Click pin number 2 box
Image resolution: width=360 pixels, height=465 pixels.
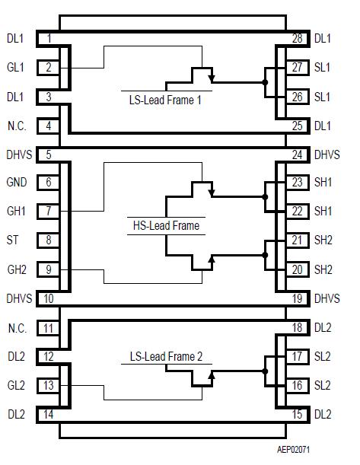point(49,68)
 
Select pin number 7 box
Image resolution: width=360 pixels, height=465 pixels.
point(49,211)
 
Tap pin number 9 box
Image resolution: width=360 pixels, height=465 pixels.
point(49,269)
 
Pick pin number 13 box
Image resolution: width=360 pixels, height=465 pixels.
point(49,386)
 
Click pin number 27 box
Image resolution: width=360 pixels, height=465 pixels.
point(297,68)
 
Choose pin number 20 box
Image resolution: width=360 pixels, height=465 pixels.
point(297,269)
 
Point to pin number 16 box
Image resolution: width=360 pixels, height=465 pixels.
point(297,386)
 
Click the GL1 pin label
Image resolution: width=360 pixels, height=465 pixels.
point(15,68)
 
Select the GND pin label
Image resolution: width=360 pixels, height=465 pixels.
point(17,182)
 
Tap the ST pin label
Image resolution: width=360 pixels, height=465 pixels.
point(12,240)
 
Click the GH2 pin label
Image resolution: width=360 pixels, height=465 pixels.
point(16,269)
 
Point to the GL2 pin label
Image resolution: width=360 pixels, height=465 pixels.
point(15,386)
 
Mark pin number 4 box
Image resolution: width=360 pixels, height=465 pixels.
point(49,126)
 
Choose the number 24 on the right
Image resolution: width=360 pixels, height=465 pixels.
point(297,154)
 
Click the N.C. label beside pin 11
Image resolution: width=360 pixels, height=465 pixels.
point(17,328)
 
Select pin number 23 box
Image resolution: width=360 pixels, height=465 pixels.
point(297,182)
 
